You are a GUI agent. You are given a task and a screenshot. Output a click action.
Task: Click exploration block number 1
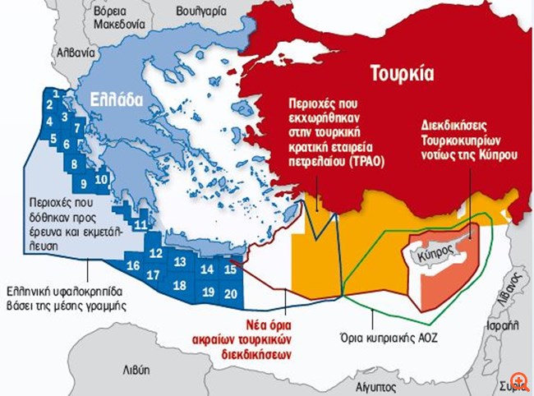52,94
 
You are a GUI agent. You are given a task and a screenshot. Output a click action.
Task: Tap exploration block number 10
101,178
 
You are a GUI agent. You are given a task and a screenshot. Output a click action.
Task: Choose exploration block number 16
133,265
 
